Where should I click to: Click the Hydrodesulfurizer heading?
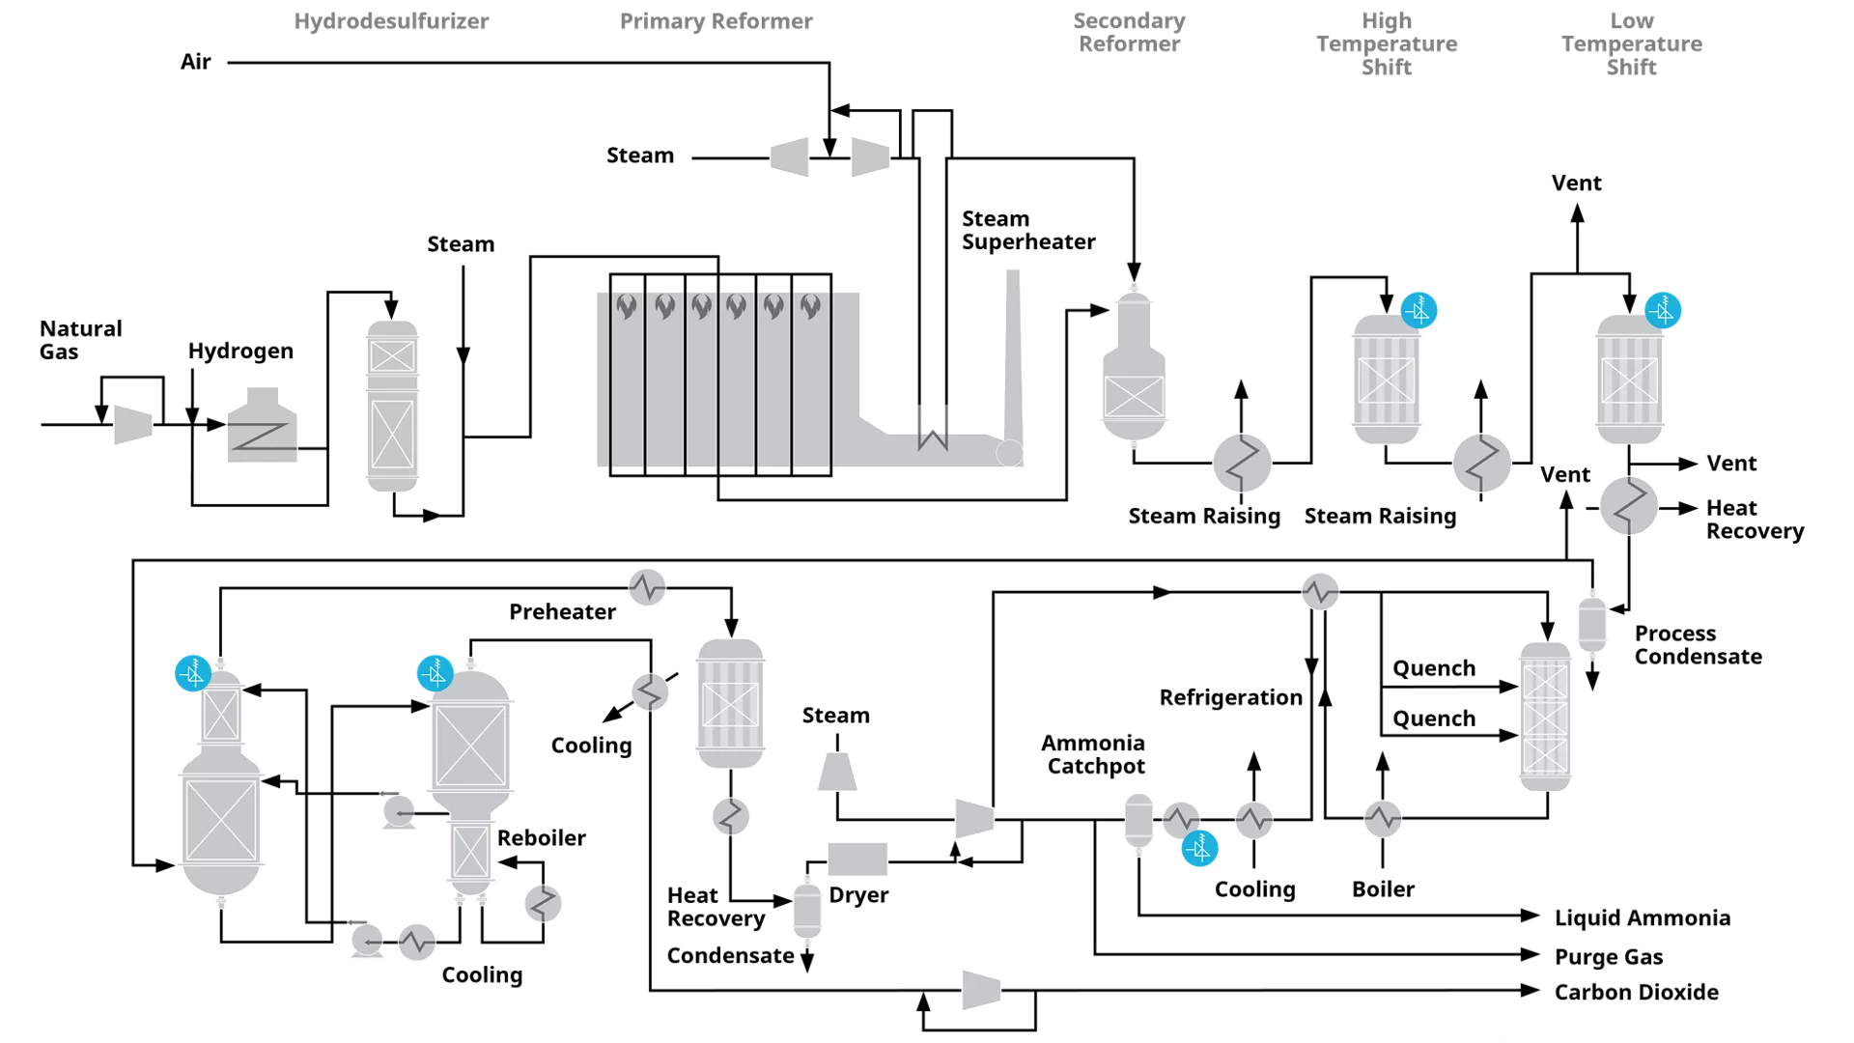click(391, 21)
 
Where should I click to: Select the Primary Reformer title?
click(716, 21)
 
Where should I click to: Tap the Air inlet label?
click(196, 63)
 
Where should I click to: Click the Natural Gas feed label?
click(80, 340)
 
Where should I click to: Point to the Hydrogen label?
click(240, 352)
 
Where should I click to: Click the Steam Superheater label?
click(1027, 231)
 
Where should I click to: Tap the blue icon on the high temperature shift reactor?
click(1419, 310)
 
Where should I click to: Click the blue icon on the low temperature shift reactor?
click(1663, 310)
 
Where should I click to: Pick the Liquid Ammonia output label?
click(1642, 917)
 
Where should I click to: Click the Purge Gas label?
click(1608, 957)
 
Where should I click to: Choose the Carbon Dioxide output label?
click(1636, 992)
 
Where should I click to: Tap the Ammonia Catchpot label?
click(1094, 754)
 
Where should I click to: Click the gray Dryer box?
click(857, 859)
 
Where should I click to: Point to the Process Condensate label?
click(1698, 645)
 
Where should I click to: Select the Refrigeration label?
click(1230, 697)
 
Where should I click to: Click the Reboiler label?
click(541, 837)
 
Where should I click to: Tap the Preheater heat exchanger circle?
click(647, 586)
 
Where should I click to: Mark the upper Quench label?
click(1433, 668)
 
